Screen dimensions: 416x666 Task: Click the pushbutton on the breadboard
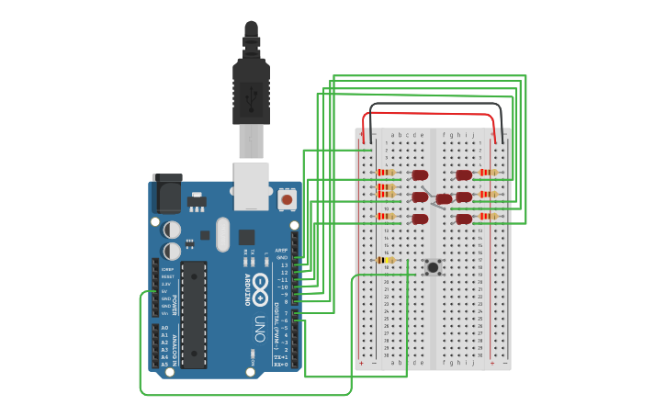click(432, 267)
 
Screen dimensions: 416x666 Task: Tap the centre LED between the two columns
click(444, 199)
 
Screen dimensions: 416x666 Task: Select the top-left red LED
click(420, 174)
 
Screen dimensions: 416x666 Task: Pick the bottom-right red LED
click(464, 219)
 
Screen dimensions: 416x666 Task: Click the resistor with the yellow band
click(385, 260)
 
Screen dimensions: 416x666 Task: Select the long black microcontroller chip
click(194, 312)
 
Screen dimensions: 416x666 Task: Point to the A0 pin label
click(164, 328)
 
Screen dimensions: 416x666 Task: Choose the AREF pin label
click(282, 250)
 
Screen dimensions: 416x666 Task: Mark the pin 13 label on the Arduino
click(284, 264)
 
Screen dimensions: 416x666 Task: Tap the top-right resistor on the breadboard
click(488, 172)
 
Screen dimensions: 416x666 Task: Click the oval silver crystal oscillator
click(222, 235)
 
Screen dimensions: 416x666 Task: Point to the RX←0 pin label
click(282, 365)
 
